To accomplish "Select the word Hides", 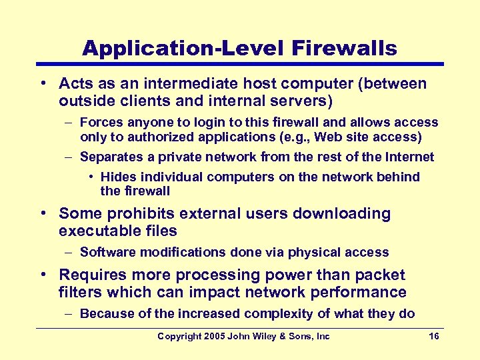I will (117, 177).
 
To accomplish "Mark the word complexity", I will (279, 314).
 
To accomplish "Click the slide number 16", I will (434, 336).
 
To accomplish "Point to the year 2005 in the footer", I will (213, 336).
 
